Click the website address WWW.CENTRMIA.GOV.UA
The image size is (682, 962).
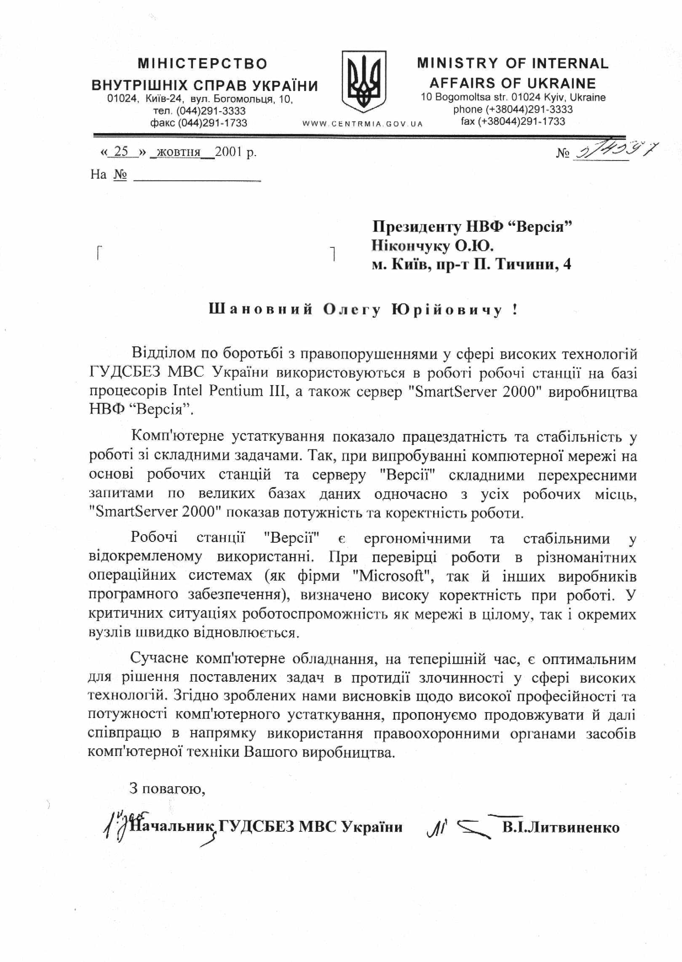pos(362,124)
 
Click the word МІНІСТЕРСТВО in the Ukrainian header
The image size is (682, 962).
pos(203,64)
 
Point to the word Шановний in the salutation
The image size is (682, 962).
pos(261,310)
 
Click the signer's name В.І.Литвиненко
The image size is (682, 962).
pos(561,827)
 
